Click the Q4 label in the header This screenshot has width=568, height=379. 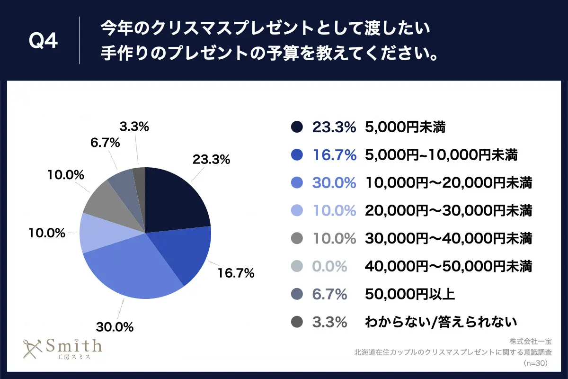(x=43, y=41)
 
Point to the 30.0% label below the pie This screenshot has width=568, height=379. (x=115, y=327)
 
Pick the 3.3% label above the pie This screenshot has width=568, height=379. (x=134, y=126)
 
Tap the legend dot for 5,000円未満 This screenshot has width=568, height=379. (x=297, y=127)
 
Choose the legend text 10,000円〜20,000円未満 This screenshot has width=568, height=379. (x=448, y=183)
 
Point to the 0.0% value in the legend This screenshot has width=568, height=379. (x=329, y=267)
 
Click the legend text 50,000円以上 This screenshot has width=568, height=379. (x=410, y=295)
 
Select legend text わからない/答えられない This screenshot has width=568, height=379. (x=440, y=323)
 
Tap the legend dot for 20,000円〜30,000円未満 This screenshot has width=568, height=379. (x=297, y=211)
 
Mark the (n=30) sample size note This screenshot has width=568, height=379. (x=536, y=363)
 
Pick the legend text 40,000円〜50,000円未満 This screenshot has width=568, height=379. (x=448, y=267)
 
